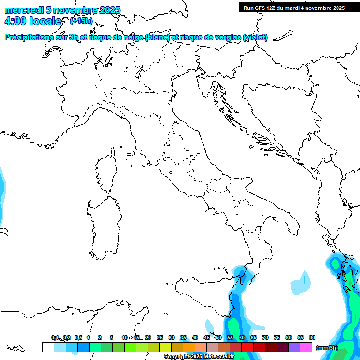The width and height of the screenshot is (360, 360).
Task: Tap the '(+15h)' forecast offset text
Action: pos(81,21)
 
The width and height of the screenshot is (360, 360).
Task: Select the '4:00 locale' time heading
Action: pos(33,21)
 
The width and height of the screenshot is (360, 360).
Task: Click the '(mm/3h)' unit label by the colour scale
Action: pos(327,348)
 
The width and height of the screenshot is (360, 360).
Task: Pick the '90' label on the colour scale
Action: pos(312,337)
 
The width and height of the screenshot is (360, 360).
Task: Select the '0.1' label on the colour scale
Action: pos(55,337)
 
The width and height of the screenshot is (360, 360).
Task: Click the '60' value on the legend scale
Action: pos(242,337)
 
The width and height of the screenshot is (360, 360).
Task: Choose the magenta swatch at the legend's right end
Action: pos(306,347)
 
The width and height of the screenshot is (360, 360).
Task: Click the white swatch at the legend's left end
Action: pos(48,347)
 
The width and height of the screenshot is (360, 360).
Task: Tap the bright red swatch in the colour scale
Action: pos(247,347)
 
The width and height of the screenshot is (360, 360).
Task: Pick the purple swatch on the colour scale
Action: pos(294,347)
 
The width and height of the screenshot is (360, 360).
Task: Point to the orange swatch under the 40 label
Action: pos(189,347)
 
